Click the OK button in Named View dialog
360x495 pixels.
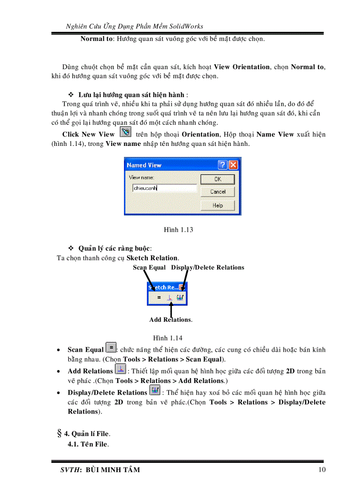[x=217, y=179]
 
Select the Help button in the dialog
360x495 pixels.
[x=217, y=205]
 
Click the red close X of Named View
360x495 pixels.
[x=233, y=165]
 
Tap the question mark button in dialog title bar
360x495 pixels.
[x=223, y=165]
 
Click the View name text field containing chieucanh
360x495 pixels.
[x=164, y=188]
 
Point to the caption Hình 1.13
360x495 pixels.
[x=178, y=230]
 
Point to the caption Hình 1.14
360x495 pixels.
[x=168, y=338]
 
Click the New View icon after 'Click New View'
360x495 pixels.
[x=125, y=132]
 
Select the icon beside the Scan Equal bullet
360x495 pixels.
[x=111, y=348]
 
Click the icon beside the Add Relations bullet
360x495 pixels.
[x=120, y=369]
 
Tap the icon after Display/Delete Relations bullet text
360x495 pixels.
[x=154, y=391]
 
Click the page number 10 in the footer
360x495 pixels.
[x=322, y=469]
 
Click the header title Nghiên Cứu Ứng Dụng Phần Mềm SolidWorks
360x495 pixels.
[x=134, y=26]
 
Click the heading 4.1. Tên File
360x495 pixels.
[x=87, y=444]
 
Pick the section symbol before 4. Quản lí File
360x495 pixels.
[x=59, y=433]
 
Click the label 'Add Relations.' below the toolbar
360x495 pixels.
[x=171, y=320]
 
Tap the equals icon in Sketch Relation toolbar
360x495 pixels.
[x=159, y=298]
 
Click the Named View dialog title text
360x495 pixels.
[x=144, y=165]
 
